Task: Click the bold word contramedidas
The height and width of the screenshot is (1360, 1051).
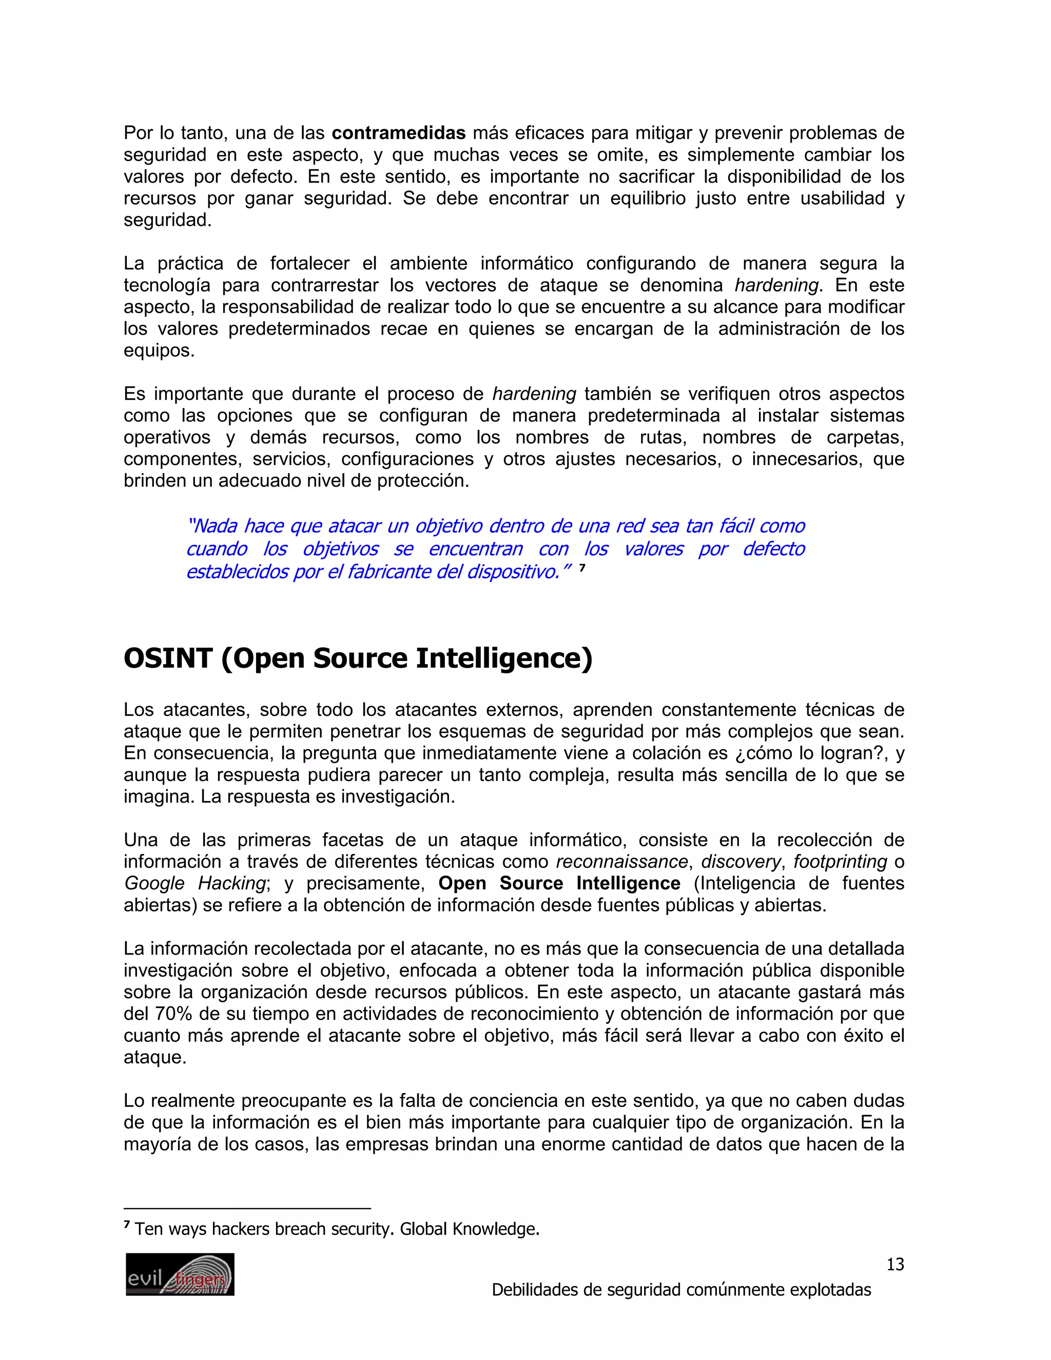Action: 398,133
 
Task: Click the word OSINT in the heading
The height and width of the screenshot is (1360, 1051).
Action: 168,658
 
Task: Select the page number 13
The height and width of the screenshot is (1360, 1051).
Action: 894,1264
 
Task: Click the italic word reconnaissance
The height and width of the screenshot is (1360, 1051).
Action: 621,862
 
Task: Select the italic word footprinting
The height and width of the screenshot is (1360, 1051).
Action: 840,862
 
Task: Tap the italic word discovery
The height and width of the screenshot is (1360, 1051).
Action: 741,862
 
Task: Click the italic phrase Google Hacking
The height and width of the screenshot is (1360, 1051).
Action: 196,884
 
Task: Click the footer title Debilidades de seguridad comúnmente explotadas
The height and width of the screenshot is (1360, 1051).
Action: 681,1289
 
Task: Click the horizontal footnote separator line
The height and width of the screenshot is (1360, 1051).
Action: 247,1208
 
